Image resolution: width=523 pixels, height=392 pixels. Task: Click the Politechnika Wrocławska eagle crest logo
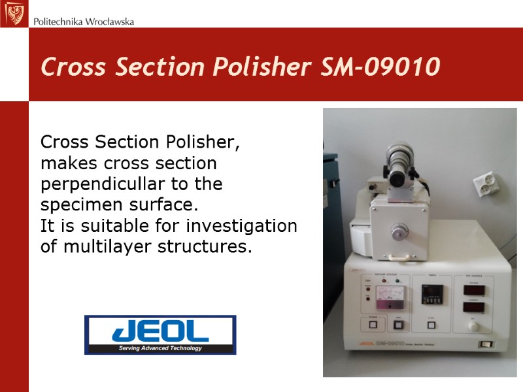[x=14, y=14]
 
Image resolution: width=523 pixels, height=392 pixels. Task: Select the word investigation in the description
[x=241, y=227]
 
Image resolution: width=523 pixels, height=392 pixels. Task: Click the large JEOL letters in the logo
[x=161, y=331]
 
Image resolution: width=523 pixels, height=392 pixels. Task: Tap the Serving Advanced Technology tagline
[x=160, y=348]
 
